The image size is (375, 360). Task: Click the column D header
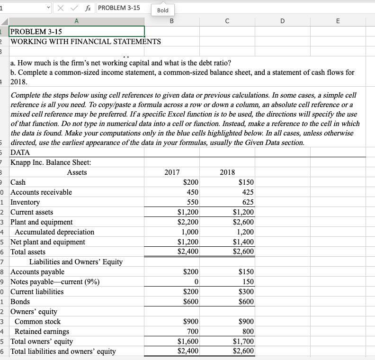click(x=282, y=20)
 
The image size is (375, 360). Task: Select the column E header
click(x=337, y=20)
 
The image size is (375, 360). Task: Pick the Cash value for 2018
click(x=246, y=182)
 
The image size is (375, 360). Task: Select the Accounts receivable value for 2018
click(x=247, y=192)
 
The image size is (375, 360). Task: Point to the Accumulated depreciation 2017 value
click(x=190, y=232)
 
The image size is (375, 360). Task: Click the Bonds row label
click(x=20, y=302)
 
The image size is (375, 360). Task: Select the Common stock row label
click(x=38, y=322)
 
